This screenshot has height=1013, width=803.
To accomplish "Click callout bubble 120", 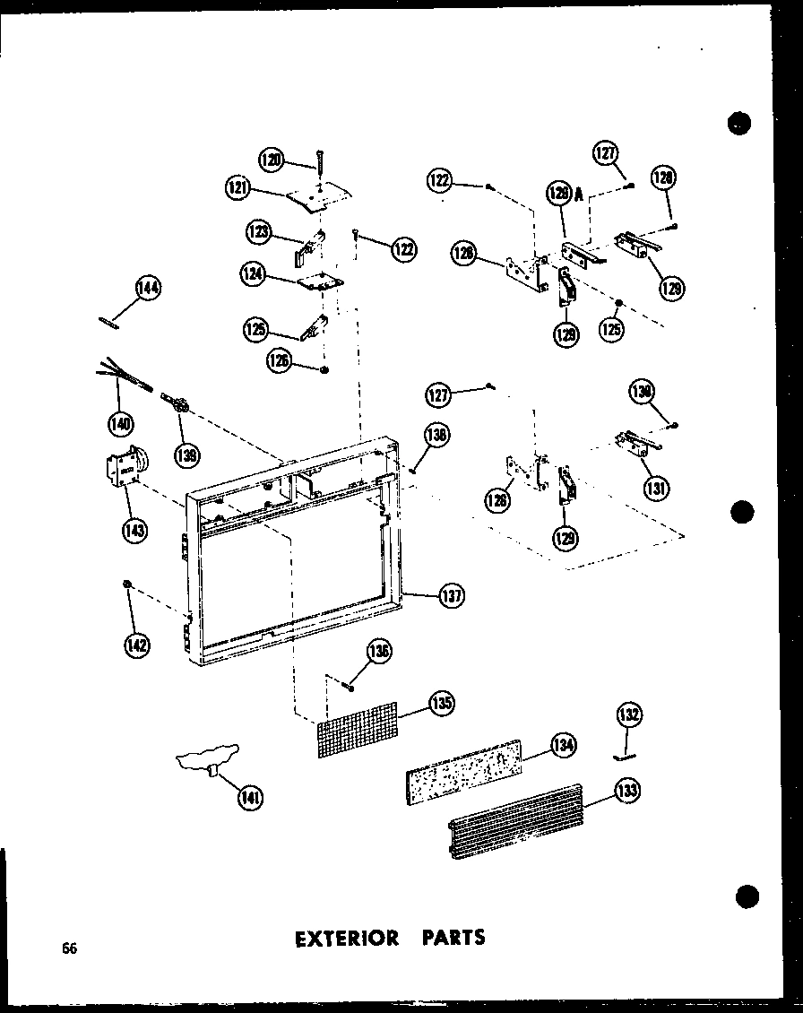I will (271, 160).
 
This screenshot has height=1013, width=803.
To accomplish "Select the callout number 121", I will (238, 188).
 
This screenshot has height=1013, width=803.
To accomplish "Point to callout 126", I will (279, 360).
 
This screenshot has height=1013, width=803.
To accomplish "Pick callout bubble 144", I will (147, 289).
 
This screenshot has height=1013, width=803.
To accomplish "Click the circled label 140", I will (120, 421).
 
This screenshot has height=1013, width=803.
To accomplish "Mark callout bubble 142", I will (137, 644).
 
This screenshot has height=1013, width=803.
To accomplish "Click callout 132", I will (629, 715).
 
